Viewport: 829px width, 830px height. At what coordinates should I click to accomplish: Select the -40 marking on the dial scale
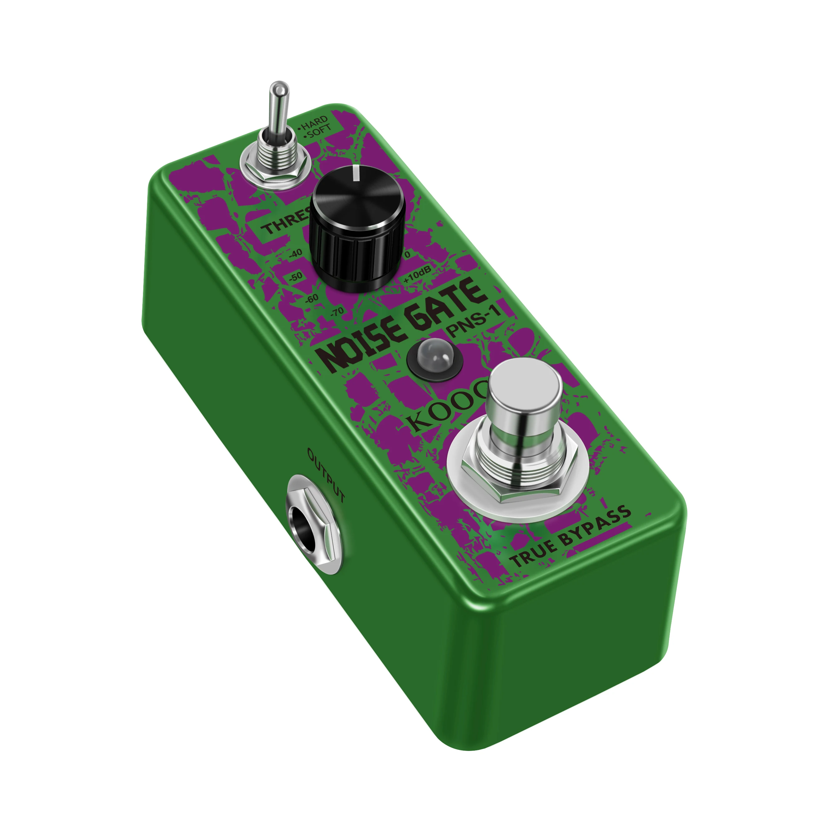pos(295,253)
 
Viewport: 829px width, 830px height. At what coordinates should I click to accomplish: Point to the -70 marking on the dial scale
pos(336,311)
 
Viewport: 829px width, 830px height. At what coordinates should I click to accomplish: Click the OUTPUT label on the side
pos(326,475)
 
